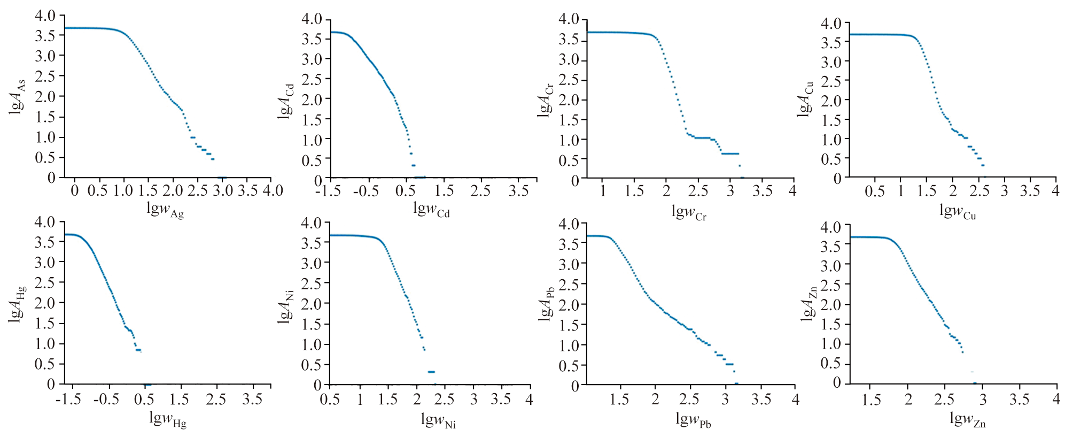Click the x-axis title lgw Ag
click(x=165, y=209)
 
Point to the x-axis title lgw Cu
click(x=958, y=212)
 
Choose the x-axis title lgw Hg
click(x=168, y=419)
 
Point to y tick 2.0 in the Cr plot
click(x=570, y=99)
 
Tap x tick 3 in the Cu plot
click(x=1004, y=191)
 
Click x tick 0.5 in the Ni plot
click(x=331, y=399)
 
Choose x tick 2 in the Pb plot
click(x=655, y=399)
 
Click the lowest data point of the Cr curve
click(x=742, y=178)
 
